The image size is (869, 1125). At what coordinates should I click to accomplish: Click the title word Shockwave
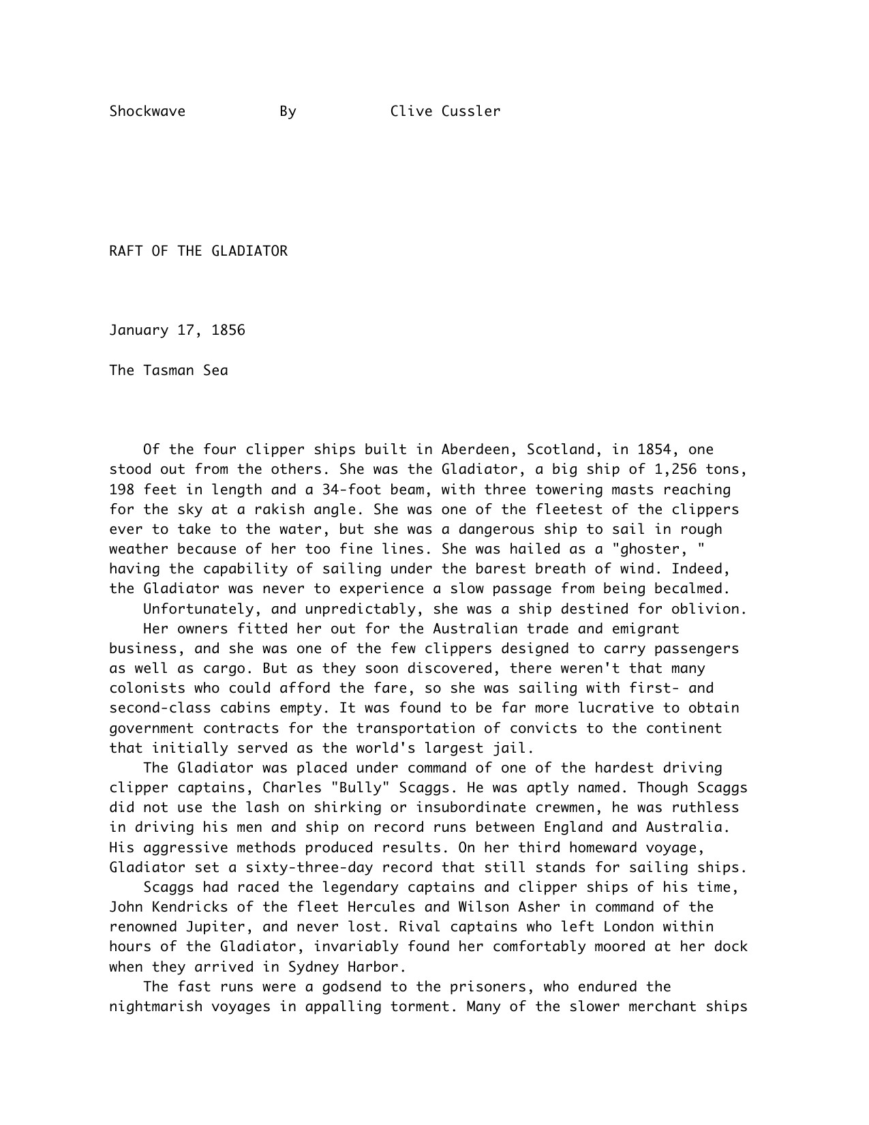147,111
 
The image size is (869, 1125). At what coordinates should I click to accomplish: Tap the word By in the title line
288,111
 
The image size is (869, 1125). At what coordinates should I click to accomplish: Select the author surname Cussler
470,111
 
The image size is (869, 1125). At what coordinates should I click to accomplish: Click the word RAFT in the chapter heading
126,251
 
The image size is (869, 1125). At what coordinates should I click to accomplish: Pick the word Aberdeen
475,450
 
